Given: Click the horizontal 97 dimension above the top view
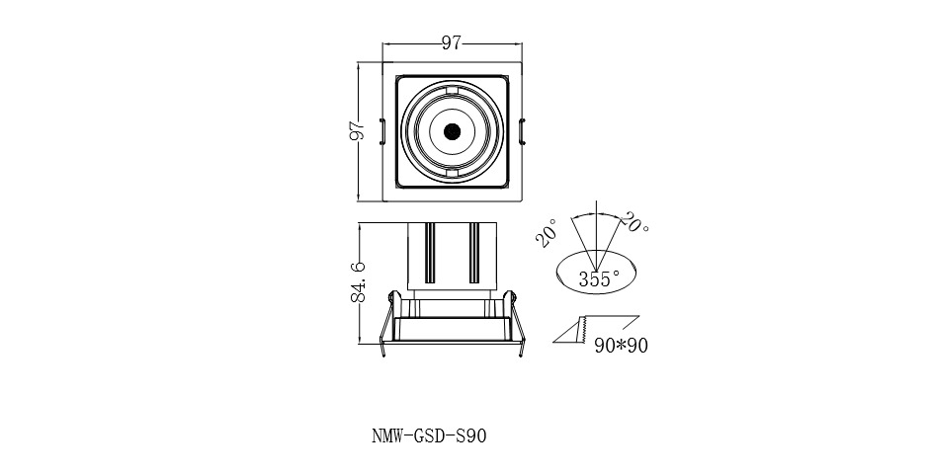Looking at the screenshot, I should (x=452, y=43).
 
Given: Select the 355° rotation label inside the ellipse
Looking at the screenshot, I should (x=600, y=278).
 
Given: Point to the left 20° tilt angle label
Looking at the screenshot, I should (x=547, y=232).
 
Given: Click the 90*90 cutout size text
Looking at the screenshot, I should (x=622, y=346).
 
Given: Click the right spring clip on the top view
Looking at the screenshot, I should (x=522, y=130).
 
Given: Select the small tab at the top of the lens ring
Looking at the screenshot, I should (x=452, y=92).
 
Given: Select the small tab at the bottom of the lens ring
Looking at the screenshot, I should (x=452, y=173).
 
